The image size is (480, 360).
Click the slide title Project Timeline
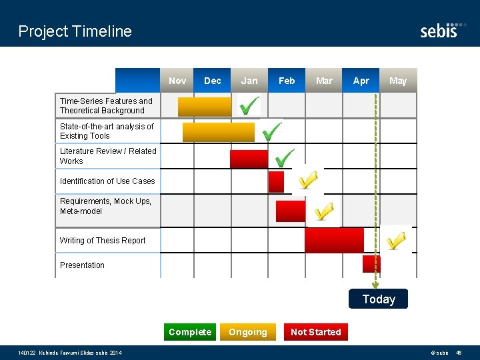75,31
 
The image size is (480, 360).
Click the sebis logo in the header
439,31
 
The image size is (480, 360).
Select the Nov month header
177,81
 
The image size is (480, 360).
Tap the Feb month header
287,81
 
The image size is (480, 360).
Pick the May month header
398,81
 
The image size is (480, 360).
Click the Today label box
379,299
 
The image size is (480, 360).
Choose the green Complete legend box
190,332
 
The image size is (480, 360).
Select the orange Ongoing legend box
248,332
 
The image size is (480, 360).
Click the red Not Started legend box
316,332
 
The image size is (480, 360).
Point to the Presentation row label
82,265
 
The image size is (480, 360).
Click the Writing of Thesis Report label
103,241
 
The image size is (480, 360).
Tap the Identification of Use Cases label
107,181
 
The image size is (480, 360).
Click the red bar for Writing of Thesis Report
334,240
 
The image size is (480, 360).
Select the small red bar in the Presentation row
371,264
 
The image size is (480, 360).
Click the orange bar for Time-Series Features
205,107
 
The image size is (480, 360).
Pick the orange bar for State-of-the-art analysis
219,132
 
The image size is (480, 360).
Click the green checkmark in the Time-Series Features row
249,105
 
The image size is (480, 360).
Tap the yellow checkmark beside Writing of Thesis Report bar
396,240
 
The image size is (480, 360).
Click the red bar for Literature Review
249,159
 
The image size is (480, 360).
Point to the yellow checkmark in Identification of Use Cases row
308,180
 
